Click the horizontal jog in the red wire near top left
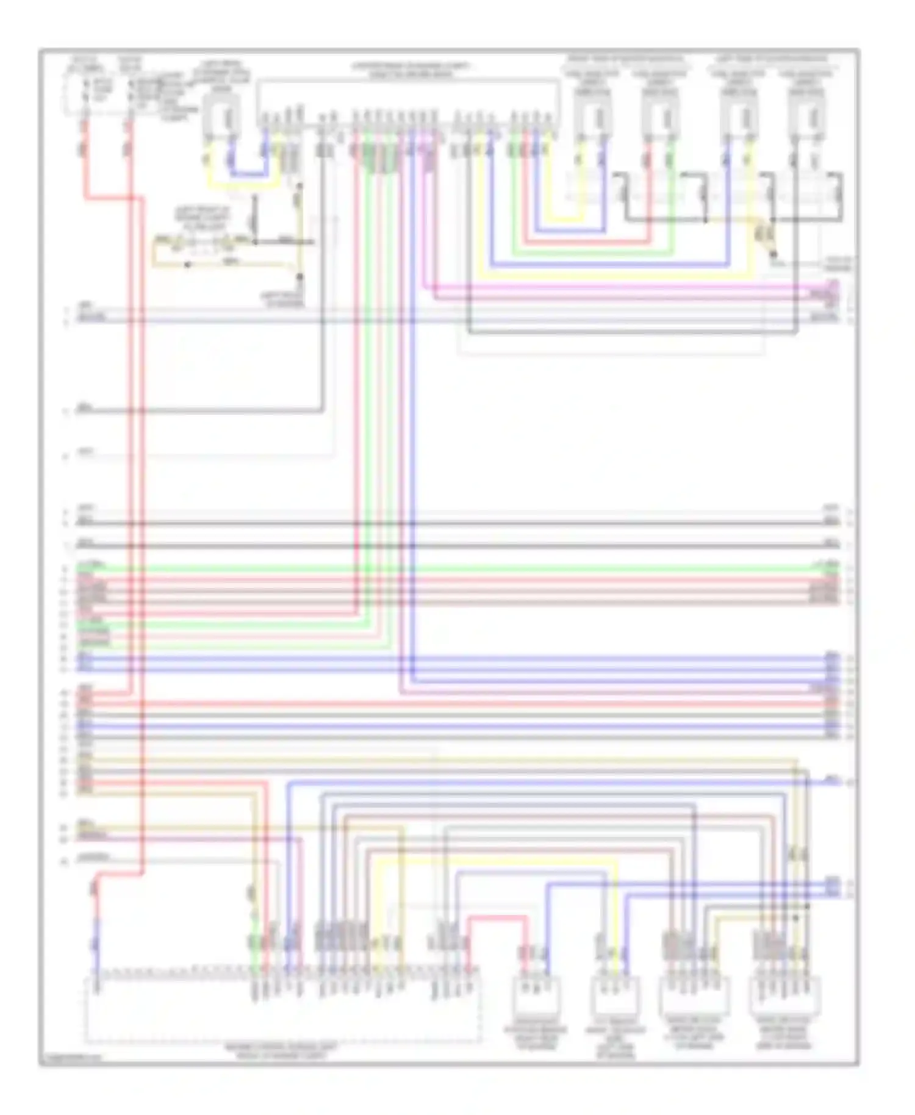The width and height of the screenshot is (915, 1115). point(113,198)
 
